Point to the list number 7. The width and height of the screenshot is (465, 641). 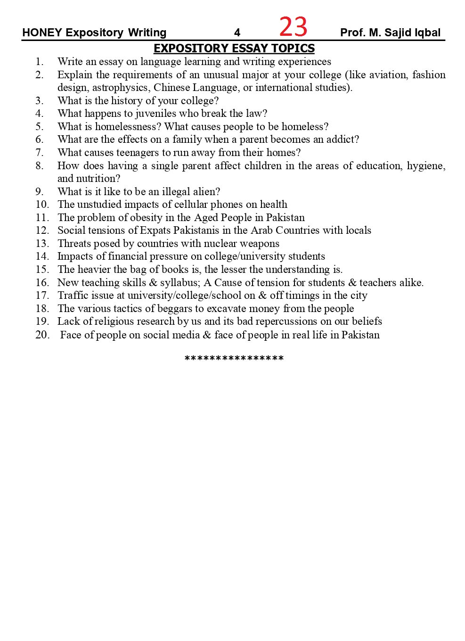(x=40, y=153)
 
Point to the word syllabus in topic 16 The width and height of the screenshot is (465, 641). (x=179, y=283)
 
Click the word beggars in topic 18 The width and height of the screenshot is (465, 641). (x=179, y=309)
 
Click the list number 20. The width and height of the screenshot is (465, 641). (x=42, y=335)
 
